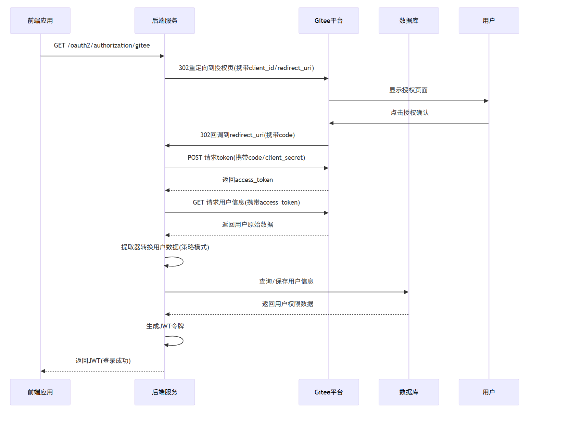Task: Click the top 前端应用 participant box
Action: click(x=40, y=21)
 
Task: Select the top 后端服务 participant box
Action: click(x=165, y=21)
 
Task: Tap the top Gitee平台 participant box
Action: click(x=329, y=21)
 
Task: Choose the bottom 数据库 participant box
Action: click(x=409, y=392)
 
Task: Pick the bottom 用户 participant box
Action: click(x=489, y=392)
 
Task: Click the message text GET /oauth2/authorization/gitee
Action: click(x=102, y=45)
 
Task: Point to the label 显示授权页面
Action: click(x=408, y=90)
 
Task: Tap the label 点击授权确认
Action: click(x=409, y=113)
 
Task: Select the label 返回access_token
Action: click(x=247, y=180)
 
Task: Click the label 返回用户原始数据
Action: click(x=247, y=225)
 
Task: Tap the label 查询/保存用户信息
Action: click(x=286, y=281)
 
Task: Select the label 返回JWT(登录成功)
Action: click(x=103, y=361)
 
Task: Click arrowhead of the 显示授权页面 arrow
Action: click(x=486, y=101)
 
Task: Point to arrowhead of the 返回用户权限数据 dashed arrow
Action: click(x=167, y=314)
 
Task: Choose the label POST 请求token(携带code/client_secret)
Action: click(x=246, y=157)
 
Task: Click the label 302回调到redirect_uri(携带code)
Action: click(x=247, y=135)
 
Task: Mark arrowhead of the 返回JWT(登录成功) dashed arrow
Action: click(x=43, y=371)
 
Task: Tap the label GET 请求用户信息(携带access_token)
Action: click(x=246, y=202)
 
